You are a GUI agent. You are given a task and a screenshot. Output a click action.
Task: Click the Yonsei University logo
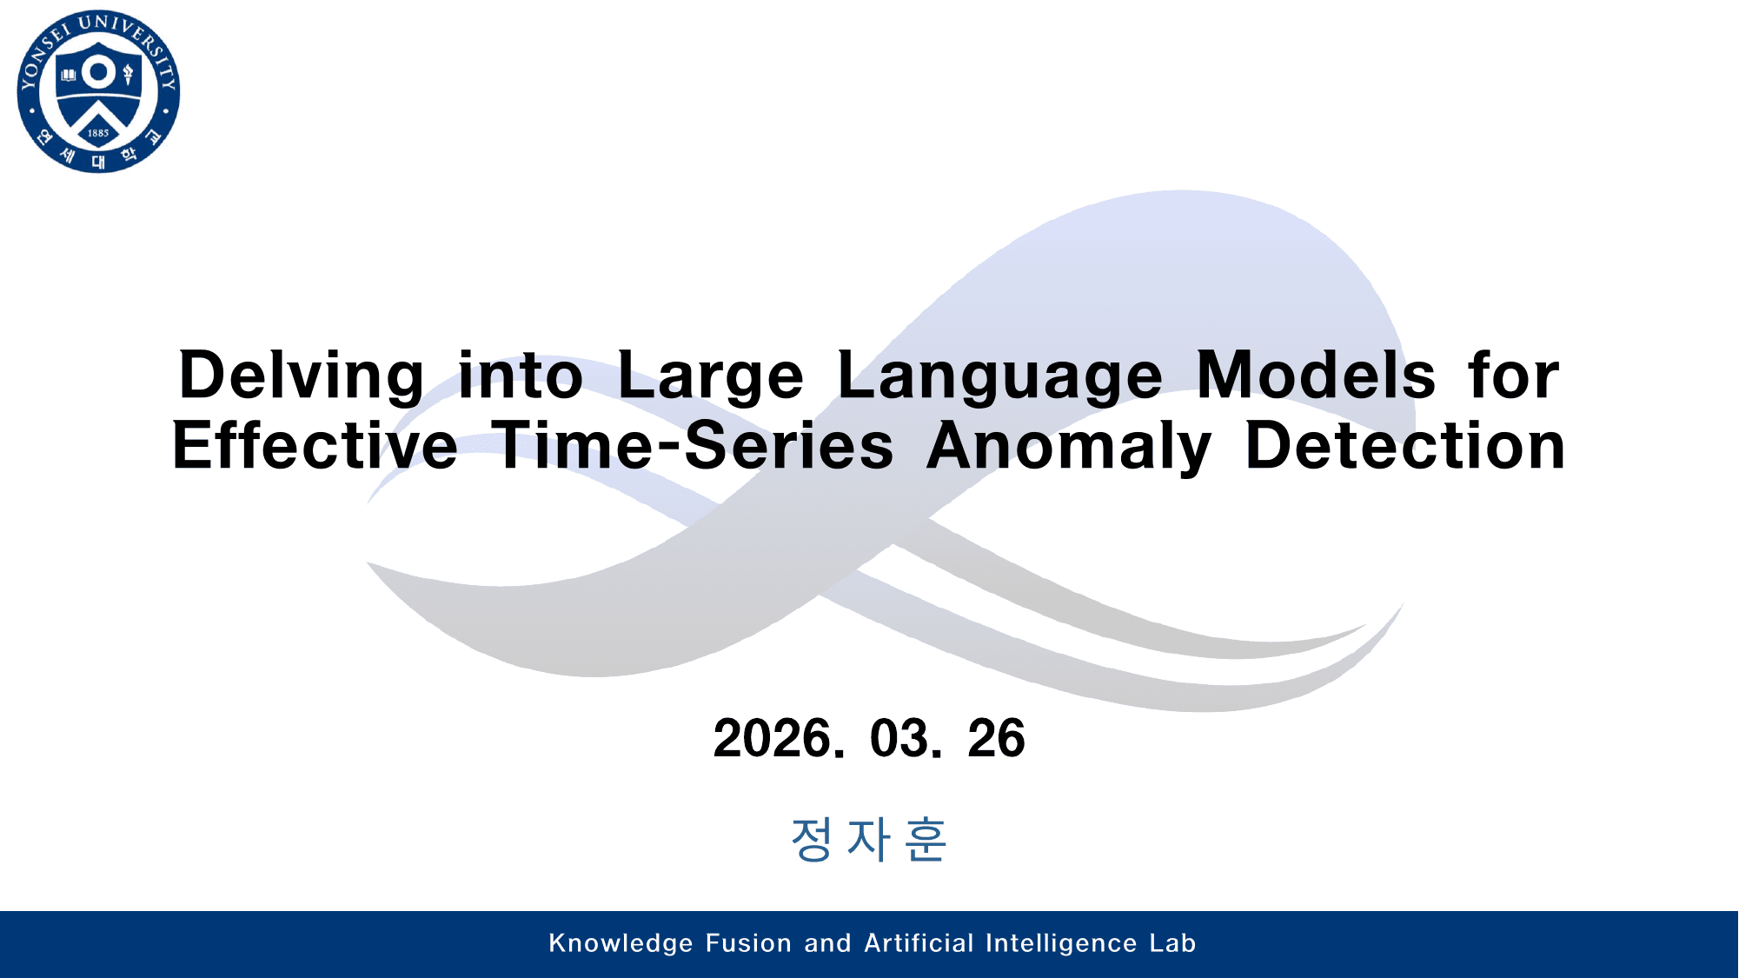coord(98,91)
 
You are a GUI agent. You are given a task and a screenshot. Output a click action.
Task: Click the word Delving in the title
coord(302,376)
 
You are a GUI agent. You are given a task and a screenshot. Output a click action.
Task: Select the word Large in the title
coord(711,376)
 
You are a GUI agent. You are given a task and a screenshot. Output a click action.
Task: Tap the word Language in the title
coord(1000,376)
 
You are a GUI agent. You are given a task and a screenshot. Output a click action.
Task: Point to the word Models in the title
coord(1316,376)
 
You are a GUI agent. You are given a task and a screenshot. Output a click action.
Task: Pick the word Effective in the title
coord(315,445)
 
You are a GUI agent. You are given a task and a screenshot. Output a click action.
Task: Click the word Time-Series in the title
coord(693,445)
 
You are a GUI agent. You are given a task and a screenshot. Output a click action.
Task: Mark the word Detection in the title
coord(1405,445)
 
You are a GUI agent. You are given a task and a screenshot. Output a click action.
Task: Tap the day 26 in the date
coord(996,739)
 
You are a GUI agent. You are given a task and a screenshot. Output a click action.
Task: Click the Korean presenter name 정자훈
coord(868,840)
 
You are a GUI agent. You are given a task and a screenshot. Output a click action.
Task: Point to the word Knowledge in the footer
coord(621,943)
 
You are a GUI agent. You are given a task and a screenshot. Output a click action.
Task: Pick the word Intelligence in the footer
coord(1061,944)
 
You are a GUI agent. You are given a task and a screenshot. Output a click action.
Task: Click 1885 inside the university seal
coord(98,133)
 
